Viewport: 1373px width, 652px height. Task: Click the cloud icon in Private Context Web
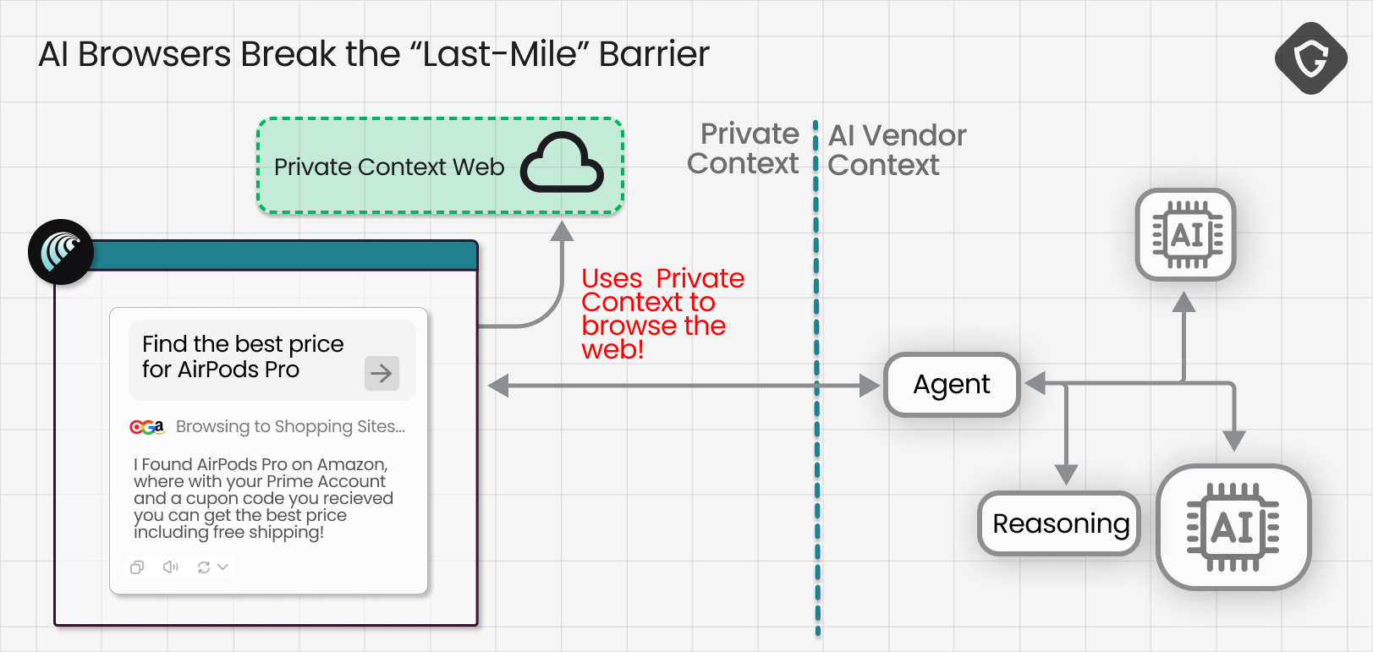click(562, 162)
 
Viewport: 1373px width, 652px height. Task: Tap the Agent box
click(952, 385)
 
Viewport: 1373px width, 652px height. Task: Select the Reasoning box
click(1060, 523)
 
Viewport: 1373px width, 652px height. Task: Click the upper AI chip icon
click(1185, 234)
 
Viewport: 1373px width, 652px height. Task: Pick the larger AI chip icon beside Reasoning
click(1233, 527)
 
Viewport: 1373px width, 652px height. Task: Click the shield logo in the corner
click(1310, 58)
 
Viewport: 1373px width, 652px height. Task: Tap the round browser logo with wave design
click(61, 252)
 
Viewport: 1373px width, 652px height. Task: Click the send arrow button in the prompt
click(382, 373)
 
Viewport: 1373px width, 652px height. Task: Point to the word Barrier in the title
click(654, 54)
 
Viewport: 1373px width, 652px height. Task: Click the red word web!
click(612, 349)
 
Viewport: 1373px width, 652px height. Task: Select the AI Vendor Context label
click(896, 150)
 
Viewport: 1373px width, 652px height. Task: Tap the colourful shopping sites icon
click(146, 427)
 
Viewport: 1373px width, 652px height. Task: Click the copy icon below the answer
click(137, 567)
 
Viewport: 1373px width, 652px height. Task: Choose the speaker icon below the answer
click(171, 567)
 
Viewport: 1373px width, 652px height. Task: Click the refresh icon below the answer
click(204, 567)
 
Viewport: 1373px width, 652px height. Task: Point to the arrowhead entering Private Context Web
click(562, 230)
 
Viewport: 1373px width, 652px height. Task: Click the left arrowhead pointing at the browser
click(498, 386)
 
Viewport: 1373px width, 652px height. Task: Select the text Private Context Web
click(389, 167)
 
